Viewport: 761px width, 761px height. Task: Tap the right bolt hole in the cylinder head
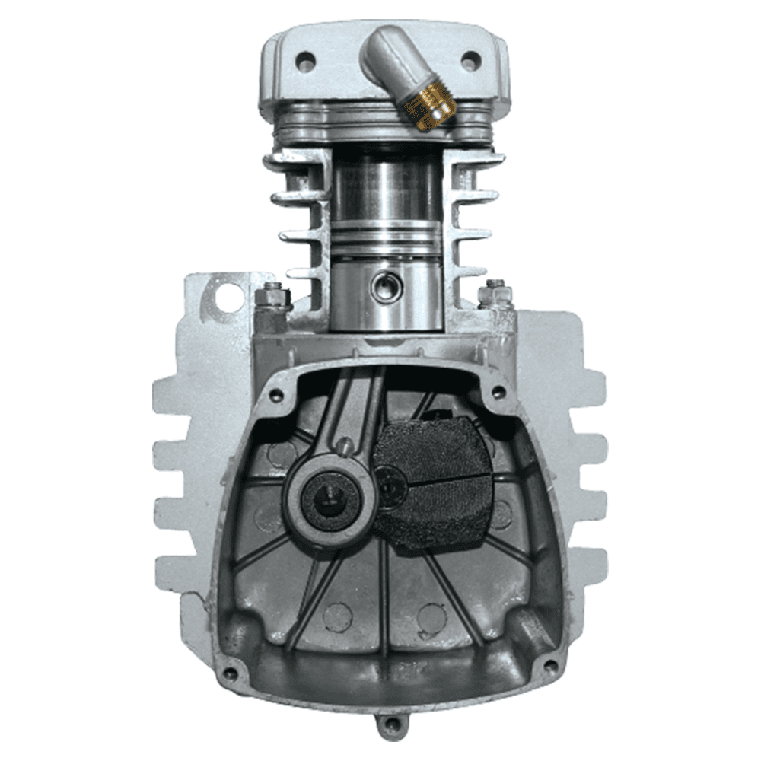coord(471,58)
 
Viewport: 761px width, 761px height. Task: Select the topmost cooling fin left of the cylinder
coord(289,161)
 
